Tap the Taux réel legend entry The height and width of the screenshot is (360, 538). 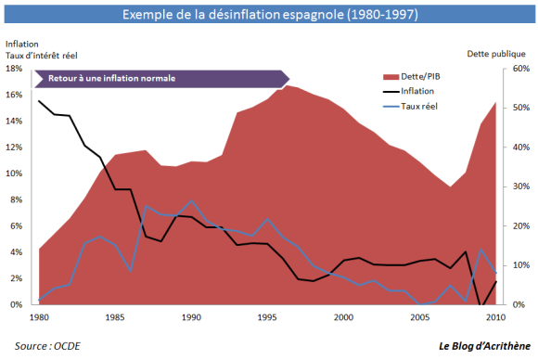click(x=422, y=107)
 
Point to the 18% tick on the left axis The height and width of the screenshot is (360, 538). click(x=16, y=69)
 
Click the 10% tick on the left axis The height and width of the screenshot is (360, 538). click(x=16, y=174)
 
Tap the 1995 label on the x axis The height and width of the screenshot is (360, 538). click(x=266, y=317)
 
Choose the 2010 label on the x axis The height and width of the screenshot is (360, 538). click(x=494, y=317)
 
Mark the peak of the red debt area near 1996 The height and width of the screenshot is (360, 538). click(x=287, y=85)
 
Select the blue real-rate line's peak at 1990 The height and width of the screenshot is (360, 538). click(x=190, y=200)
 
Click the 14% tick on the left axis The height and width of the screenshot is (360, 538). click(x=16, y=121)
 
